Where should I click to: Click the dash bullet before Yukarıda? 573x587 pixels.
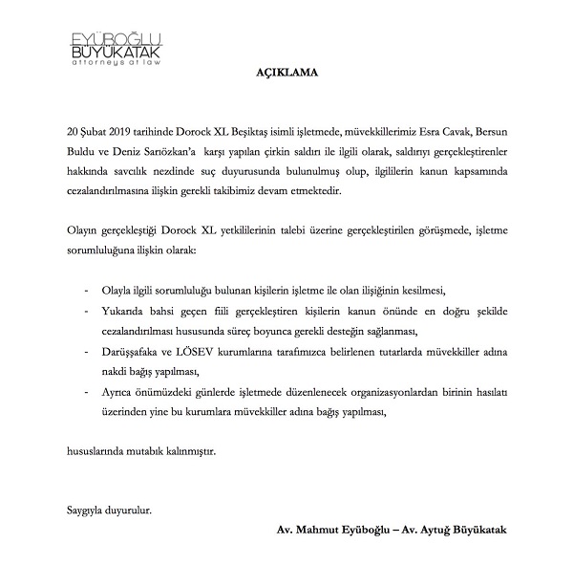[89, 310]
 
